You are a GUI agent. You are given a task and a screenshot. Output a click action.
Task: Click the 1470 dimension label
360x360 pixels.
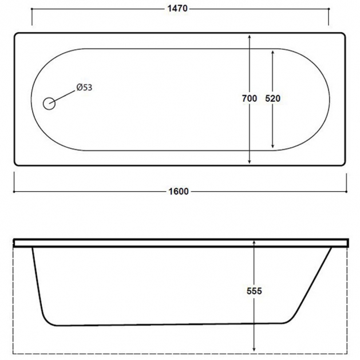[x=177, y=9]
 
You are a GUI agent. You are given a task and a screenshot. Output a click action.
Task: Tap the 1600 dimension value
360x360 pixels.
[x=179, y=191]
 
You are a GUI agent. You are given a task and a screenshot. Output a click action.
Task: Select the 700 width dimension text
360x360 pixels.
[x=250, y=98]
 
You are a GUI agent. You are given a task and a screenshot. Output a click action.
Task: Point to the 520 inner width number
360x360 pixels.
[x=273, y=98]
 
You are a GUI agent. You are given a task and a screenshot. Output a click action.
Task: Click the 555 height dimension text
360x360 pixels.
[x=254, y=291]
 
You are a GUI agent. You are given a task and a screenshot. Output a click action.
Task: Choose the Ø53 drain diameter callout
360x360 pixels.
[x=84, y=88]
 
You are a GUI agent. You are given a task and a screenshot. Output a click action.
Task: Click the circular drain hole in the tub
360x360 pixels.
[x=49, y=104]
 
